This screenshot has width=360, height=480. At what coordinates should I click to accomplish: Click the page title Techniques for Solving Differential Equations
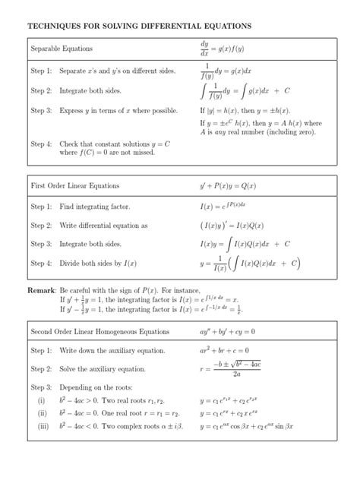pos(139,26)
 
